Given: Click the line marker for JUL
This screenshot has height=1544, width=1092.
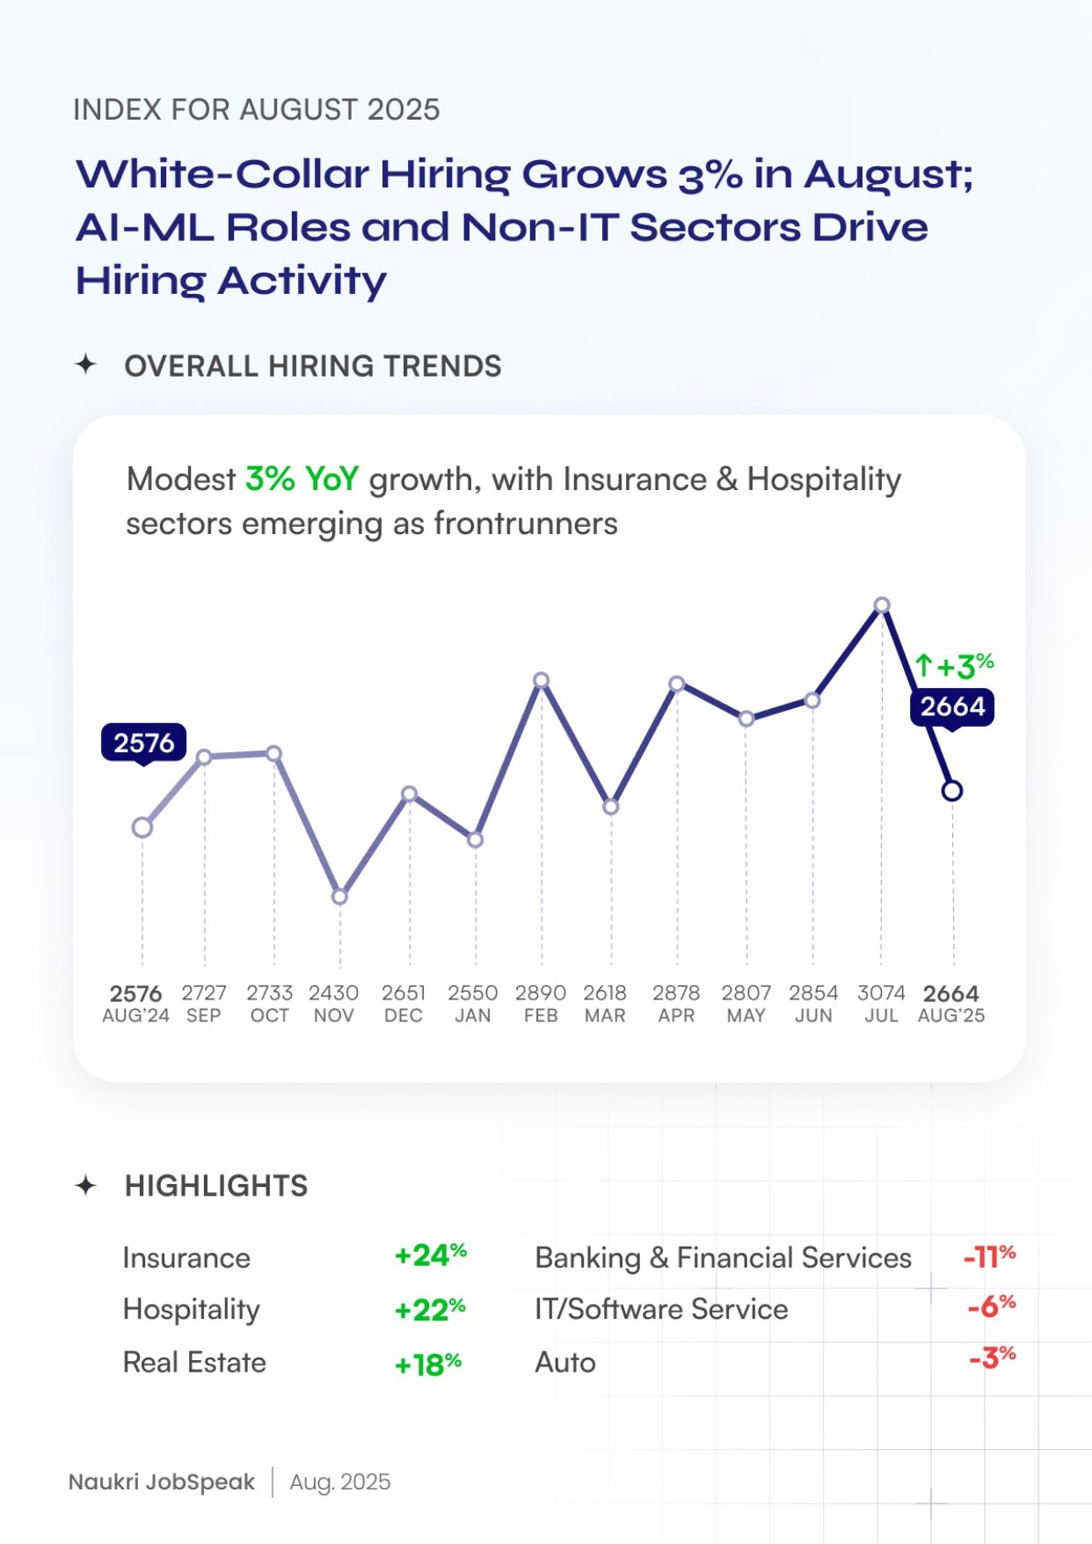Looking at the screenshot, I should (x=882, y=605).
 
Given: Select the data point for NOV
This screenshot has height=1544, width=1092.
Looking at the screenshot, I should (x=340, y=896).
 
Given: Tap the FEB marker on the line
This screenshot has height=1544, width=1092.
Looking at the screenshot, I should (x=542, y=680).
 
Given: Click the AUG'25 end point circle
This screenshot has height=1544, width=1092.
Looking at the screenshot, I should (x=951, y=791).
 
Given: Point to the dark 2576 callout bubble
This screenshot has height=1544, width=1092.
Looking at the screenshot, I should (x=144, y=743).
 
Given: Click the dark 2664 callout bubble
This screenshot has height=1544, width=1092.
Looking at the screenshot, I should (x=952, y=706).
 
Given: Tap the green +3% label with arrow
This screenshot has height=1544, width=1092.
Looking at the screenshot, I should (x=955, y=666).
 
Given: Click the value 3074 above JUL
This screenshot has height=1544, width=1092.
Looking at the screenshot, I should (x=881, y=992).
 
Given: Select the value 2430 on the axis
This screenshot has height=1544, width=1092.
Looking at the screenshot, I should (x=333, y=992).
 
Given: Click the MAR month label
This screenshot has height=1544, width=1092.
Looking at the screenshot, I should (x=605, y=1015).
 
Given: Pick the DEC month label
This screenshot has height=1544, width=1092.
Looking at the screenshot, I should (x=404, y=1015).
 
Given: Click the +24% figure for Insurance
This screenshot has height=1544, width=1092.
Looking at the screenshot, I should (x=430, y=1255).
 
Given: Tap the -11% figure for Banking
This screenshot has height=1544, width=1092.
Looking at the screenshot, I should (x=989, y=1255).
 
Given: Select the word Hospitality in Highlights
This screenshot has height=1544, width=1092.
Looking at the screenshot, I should (x=192, y=1309).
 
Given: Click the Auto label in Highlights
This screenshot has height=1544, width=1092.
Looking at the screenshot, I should (x=565, y=1362).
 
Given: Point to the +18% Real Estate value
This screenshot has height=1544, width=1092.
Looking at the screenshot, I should (x=428, y=1364).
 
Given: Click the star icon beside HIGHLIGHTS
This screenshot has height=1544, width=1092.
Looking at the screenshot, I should (x=85, y=1185).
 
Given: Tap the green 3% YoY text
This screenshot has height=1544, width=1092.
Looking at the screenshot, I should (x=302, y=479).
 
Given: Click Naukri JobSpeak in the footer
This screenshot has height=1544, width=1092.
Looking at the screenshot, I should (x=162, y=1482).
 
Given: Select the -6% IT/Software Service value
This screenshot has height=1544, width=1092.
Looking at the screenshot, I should (x=991, y=1306).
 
